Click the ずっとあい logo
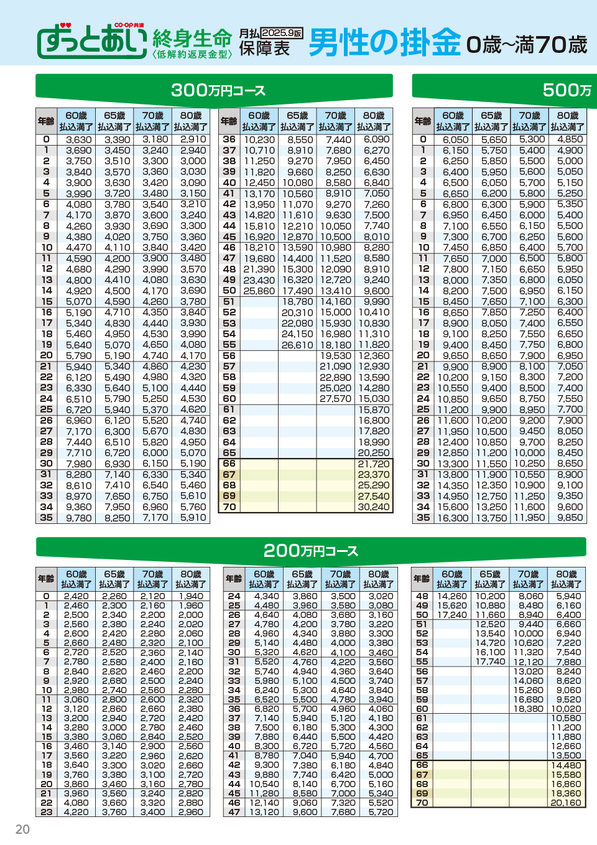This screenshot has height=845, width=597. pos(93,42)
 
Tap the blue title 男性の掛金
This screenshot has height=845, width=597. pos(385,42)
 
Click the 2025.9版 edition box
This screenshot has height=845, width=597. pos(282,33)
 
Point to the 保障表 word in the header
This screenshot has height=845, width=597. pos(265,49)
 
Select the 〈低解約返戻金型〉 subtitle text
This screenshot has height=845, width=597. pos(192,55)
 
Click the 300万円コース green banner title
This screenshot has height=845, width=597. pos(218,90)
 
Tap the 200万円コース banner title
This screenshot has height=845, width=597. pos(310,551)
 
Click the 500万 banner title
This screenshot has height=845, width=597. pos(567,90)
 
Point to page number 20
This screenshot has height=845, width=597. pos(22,829)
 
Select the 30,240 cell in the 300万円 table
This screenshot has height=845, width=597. pos(373,507)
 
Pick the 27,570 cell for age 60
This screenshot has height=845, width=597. pos(336,399)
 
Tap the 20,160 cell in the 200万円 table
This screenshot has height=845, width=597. pos(565,803)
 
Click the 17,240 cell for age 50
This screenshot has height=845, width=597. pos(452,615)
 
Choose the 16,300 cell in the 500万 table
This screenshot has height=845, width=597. pos(453,518)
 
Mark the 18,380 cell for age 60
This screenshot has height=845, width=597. pos(529,709)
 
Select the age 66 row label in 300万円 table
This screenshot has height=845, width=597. pos(229,464)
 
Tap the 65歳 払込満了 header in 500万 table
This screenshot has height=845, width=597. pos(491,121)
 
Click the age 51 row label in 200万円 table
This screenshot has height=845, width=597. pos(422,624)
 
